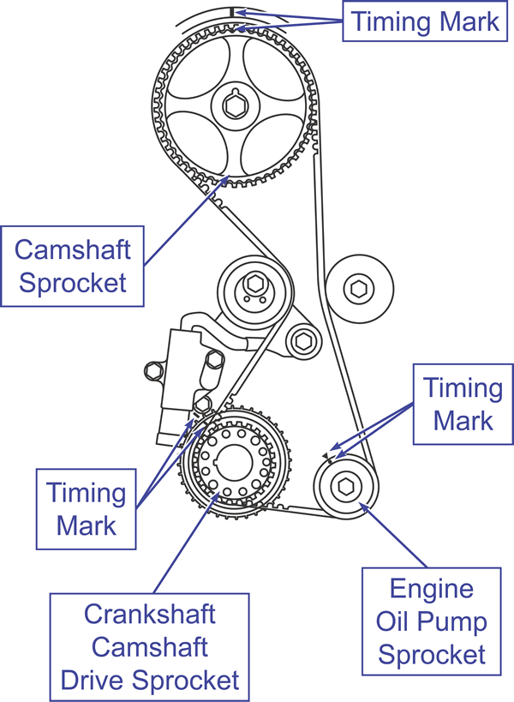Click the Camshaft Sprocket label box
(x=74, y=266)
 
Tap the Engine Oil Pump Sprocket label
(x=431, y=622)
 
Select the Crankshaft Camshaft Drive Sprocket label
(x=150, y=647)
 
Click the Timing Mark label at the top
(x=426, y=21)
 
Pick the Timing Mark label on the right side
(x=463, y=404)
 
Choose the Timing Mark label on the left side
(x=86, y=508)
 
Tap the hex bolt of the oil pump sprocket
(x=346, y=485)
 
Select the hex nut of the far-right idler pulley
(x=358, y=289)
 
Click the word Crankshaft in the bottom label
(x=150, y=615)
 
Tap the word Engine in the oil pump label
(x=431, y=590)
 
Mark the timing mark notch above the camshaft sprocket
(x=232, y=12)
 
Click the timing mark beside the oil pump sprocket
(x=326, y=454)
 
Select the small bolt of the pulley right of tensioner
(x=302, y=340)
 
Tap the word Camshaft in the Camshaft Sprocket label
(x=74, y=250)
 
